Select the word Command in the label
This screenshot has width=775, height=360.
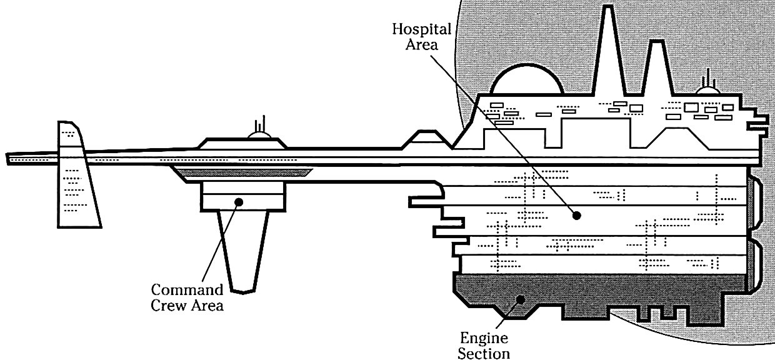tap(188, 290)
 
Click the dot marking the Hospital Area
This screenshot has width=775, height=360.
tap(577, 216)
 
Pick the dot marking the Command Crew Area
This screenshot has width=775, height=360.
tap(238, 201)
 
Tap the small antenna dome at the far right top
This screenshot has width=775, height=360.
tap(707, 92)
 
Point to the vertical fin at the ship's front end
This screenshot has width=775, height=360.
tap(76, 181)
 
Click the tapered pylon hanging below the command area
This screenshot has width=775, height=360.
tap(242, 250)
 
